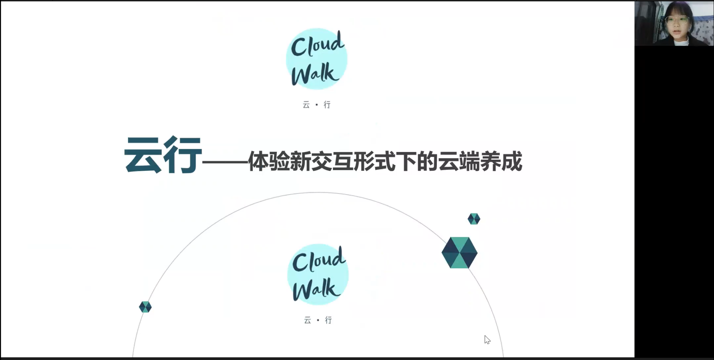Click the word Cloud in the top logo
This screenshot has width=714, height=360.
(317, 45)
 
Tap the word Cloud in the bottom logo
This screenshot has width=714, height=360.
(319, 260)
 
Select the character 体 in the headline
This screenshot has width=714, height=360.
(258, 161)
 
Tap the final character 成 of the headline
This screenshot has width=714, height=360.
(511, 161)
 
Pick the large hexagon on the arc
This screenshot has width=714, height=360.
(459, 253)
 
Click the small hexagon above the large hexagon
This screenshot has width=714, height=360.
(474, 219)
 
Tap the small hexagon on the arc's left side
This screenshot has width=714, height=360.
(145, 307)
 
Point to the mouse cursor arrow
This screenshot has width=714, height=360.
(487, 339)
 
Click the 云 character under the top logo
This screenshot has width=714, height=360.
(306, 105)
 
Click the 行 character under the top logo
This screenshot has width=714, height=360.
(327, 105)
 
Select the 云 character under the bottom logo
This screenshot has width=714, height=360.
(307, 320)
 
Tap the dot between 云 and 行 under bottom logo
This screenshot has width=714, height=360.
(318, 320)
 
